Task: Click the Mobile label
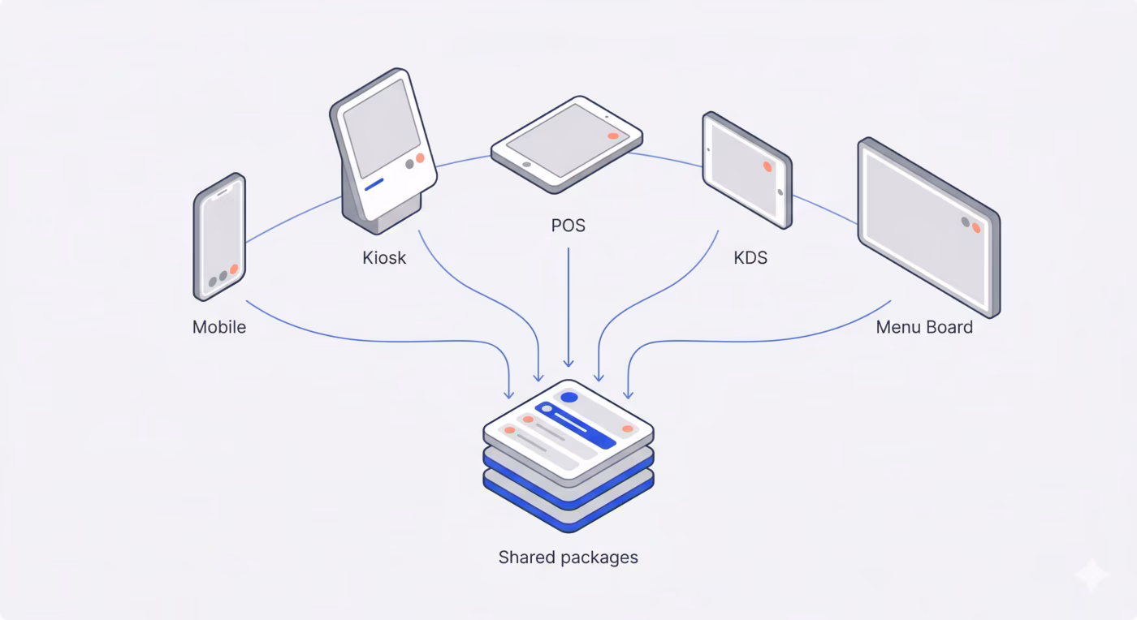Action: pos(218,327)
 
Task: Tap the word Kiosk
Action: pos(384,258)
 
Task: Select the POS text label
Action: pos(568,225)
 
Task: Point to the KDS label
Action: pos(750,258)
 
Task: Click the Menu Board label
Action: pos(924,327)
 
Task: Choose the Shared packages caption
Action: pos(568,558)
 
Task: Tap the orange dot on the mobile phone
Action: pos(234,269)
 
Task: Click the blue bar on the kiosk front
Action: pos(374,185)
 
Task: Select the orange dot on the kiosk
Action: pos(420,157)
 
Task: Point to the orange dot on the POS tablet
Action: pos(613,136)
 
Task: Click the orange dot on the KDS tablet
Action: pos(767,166)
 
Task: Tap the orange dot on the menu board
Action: pos(976,228)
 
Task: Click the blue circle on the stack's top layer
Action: pos(569,398)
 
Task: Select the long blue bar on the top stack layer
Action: pos(585,427)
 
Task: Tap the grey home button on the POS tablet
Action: pos(526,164)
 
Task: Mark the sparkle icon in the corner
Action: pos(1090,575)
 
